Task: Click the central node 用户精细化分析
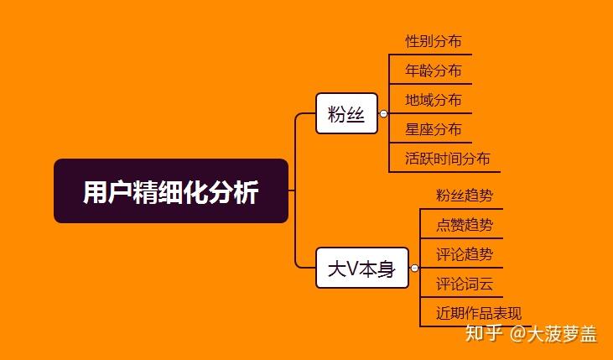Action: pos(171,191)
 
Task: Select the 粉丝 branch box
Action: pos(346,113)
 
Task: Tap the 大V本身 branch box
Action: pos(361,269)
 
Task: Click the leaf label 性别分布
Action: pos(433,41)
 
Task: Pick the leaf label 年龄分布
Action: pos(433,70)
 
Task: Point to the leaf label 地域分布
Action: pos(433,100)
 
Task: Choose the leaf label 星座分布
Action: pos(433,129)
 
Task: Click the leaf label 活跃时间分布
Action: pos(447,159)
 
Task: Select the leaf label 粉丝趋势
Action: pos(465,196)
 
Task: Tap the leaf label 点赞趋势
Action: pos(465,225)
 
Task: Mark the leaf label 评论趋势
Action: pos(465,254)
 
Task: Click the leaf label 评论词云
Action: pos(465,284)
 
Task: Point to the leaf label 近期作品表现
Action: pos(478,314)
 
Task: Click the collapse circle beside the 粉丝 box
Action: pos(383,113)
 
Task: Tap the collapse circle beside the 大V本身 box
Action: pos(414,269)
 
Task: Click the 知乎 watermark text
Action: pos(484,334)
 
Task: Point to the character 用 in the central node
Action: pos(94,192)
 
